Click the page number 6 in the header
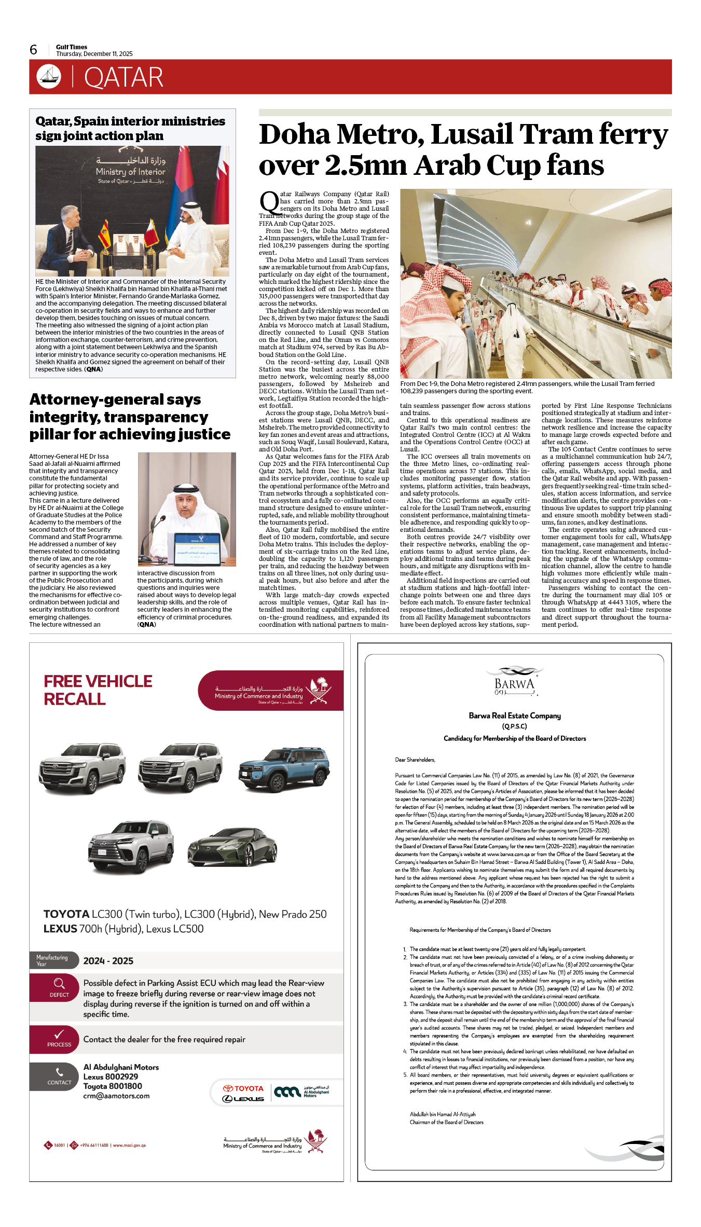pos(34,50)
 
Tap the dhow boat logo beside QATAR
pos(49,76)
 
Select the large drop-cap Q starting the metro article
pos(269,203)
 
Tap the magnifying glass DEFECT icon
pos(59,983)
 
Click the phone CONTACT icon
pos(59,1072)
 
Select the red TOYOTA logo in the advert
pos(243,1088)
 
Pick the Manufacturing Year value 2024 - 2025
pos(108,961)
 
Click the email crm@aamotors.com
pos(116,1096)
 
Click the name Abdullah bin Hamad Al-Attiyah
pos(443,1114)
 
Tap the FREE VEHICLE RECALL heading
pos(98,690)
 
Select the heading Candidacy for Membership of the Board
pos(514,738)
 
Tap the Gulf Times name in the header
pos(72,47)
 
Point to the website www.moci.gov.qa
pos(129,1145)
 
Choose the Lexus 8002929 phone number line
pos(111,1077)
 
